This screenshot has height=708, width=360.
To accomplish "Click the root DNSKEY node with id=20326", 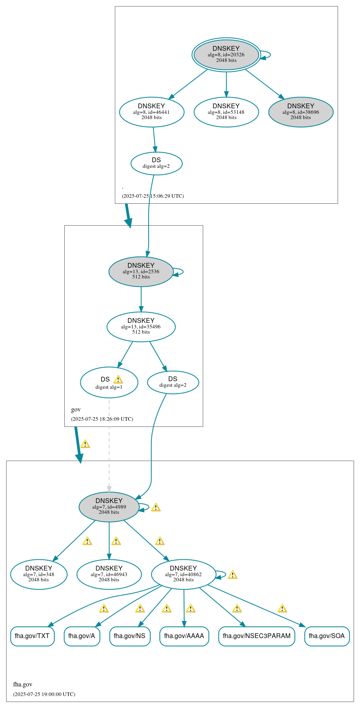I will (x=226, y=55).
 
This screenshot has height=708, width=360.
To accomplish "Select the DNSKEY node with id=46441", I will (x=151, y=112).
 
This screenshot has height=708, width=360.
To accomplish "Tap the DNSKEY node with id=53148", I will (x=226, y=112).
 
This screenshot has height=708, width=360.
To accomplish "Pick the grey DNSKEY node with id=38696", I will (x=300, y=112).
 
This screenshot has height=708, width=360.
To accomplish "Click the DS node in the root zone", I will (x=156, y=163).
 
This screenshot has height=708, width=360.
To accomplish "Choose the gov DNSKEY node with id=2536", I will (x=141, y=271).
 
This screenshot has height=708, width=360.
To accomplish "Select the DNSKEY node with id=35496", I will (x=141, y=326).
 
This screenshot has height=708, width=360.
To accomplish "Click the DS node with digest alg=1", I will (x=106, y=382).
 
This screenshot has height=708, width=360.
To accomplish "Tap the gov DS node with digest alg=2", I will (x=173, y=382).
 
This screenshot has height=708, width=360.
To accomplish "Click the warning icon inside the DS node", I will (x=118, y=380).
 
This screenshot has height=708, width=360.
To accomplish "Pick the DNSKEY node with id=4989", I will (x=109, y=507).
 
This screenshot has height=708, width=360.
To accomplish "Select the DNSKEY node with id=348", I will (x=39, y=574).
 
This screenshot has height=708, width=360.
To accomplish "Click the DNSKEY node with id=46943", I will (x=109, y=574).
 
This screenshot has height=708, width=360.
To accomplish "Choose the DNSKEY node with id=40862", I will (x=183, y=574).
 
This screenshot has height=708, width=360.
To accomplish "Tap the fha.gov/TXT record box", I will (x=32, y=636).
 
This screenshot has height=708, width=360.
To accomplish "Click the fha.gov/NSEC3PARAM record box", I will (x=257, y=636).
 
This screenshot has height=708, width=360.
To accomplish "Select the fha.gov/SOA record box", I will (x=326, y=636).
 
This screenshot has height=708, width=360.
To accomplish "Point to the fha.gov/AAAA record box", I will (x=184, y=636).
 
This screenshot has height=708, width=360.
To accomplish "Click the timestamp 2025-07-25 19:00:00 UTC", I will (x=44, y=694).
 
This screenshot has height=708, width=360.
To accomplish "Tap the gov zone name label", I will (x=76, y=410).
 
